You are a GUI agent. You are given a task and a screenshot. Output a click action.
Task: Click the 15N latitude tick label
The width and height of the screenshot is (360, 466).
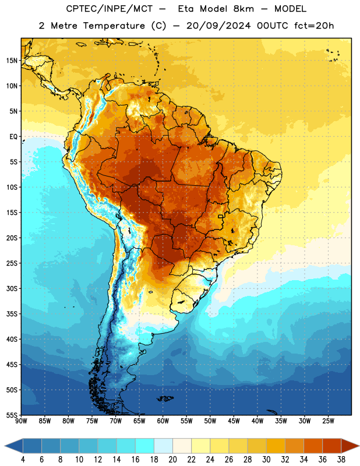(x=12, y=61)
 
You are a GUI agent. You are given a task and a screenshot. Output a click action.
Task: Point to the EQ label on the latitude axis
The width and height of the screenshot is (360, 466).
(x=13, y=137)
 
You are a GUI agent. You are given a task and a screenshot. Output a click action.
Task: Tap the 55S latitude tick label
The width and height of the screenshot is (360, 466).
(x=12, y=415)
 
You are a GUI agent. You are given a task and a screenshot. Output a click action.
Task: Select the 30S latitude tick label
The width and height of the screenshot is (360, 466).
(x=12, y=288)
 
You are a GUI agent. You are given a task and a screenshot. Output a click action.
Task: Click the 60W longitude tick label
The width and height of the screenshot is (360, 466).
(x=163, y=421)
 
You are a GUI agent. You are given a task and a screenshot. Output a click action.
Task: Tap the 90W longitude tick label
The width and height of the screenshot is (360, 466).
(x=21, y=421)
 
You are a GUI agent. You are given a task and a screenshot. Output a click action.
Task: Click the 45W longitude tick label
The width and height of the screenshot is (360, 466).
(x=234, y=421)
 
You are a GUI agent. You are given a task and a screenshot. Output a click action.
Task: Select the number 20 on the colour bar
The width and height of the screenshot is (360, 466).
(x=172, y=460)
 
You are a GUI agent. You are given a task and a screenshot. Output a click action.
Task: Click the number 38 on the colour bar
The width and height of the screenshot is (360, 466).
(x=341, y=460)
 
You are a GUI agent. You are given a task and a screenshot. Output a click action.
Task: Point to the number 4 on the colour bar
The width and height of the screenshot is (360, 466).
(x=23, y=460)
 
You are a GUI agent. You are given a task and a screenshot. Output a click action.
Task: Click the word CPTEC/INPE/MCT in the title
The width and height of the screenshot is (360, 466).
(x=109, y=9)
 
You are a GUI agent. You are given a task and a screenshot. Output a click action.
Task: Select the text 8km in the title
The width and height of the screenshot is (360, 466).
(x=243, y=9)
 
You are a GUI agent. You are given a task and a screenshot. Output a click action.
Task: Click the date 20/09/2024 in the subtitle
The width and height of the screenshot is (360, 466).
(x=218, y=26)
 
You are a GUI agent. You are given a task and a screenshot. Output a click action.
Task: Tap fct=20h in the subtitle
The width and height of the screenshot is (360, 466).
(x=314, y=26)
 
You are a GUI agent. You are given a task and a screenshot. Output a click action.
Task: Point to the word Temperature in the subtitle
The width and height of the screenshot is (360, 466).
(x=114, y=26)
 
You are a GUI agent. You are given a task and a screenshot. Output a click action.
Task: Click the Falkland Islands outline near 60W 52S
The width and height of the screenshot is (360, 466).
(x=165, y=398)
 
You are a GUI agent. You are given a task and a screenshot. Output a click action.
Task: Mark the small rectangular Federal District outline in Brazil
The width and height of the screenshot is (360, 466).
(x=221, y=216)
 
